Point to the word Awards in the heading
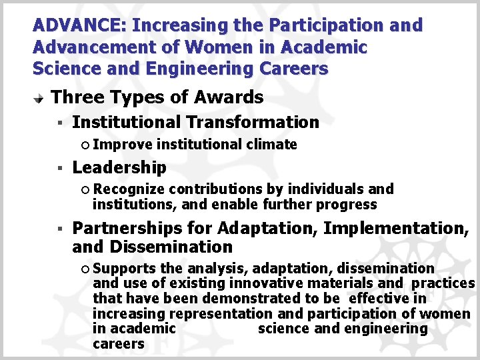(x=229, y=97)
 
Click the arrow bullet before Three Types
(x=39, y=98)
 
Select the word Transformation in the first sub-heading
(x=253, y=122)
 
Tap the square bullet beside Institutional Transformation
(x=59, y=123)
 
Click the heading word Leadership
(x=119, y=167)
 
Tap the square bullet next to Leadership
(x=59, y=169)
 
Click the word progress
(x=350, y=205)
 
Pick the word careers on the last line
(x=119, y=344)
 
